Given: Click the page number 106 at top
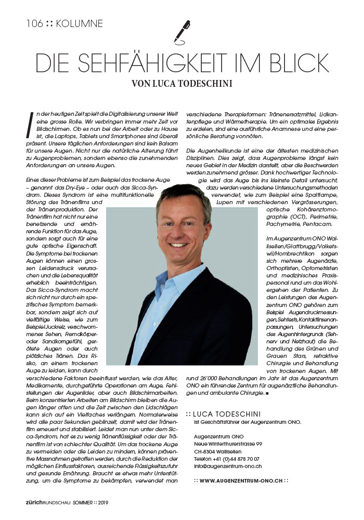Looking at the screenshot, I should [34, 23].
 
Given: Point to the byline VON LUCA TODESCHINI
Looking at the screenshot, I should [181, 83].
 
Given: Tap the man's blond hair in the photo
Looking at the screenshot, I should [179, 194].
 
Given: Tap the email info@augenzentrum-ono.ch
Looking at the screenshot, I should [227, 466].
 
